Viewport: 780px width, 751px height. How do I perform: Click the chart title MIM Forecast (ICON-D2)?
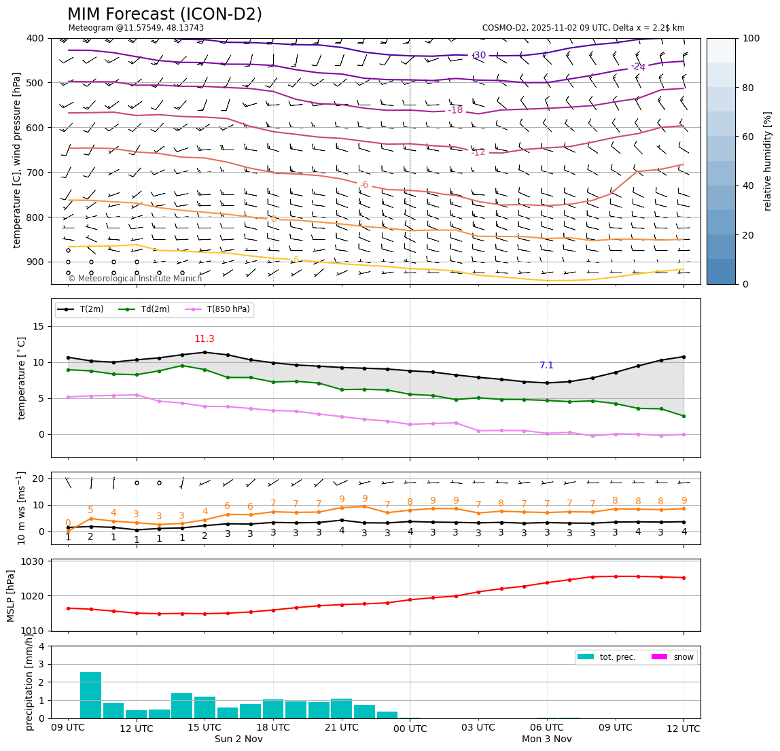[x=164, y=14]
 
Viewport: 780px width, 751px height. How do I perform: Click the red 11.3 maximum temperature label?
[x=205, y=339]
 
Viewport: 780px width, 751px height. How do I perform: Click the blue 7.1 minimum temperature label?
[x=547, y=366]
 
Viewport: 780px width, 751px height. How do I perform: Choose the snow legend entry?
[x=683, y=657]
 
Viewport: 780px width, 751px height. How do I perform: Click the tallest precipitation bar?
[x=91, y=695]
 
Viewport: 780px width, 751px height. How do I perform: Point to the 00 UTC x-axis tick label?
[x=410, y=729]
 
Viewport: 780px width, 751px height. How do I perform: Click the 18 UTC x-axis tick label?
[x=273, y=728]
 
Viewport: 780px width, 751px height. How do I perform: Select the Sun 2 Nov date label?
[x=238, y=739]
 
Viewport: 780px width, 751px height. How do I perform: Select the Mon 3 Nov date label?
[x=547, y=739]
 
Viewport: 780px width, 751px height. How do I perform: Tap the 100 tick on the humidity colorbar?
[x=751, y=38]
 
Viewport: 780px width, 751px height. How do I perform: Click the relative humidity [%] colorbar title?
[x=768, y=161]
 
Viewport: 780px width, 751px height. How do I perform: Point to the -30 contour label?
[x=479, y=56]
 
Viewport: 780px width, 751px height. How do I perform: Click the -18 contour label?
[x=455, y=110]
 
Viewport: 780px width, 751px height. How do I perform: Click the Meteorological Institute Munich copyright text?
[x=135, y=279]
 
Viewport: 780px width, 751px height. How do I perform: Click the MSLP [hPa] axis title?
[x=11, y=595]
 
